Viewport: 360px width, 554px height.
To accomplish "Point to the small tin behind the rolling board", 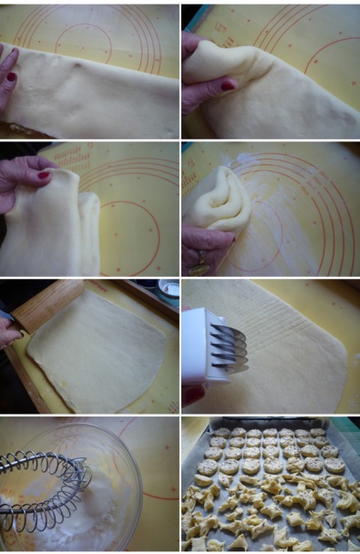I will click(168, 289).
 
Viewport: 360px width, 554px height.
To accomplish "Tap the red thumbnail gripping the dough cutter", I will click(191, 395).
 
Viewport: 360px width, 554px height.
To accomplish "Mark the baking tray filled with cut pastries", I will click(271, 487).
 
